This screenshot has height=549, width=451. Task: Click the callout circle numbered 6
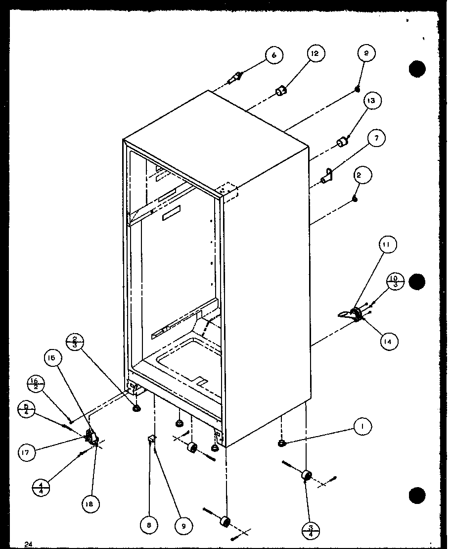coord(273,55)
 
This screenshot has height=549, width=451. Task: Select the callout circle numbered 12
coord(315,54)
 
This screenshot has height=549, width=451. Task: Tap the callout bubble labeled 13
coord(370,101)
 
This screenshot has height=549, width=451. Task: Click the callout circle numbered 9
coord(183,526)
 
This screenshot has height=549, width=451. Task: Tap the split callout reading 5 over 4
coord(26,410)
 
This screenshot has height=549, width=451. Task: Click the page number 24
coord(28,545)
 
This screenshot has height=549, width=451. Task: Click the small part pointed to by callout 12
coord(281,91)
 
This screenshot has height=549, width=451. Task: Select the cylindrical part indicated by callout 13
coord(341,143)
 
